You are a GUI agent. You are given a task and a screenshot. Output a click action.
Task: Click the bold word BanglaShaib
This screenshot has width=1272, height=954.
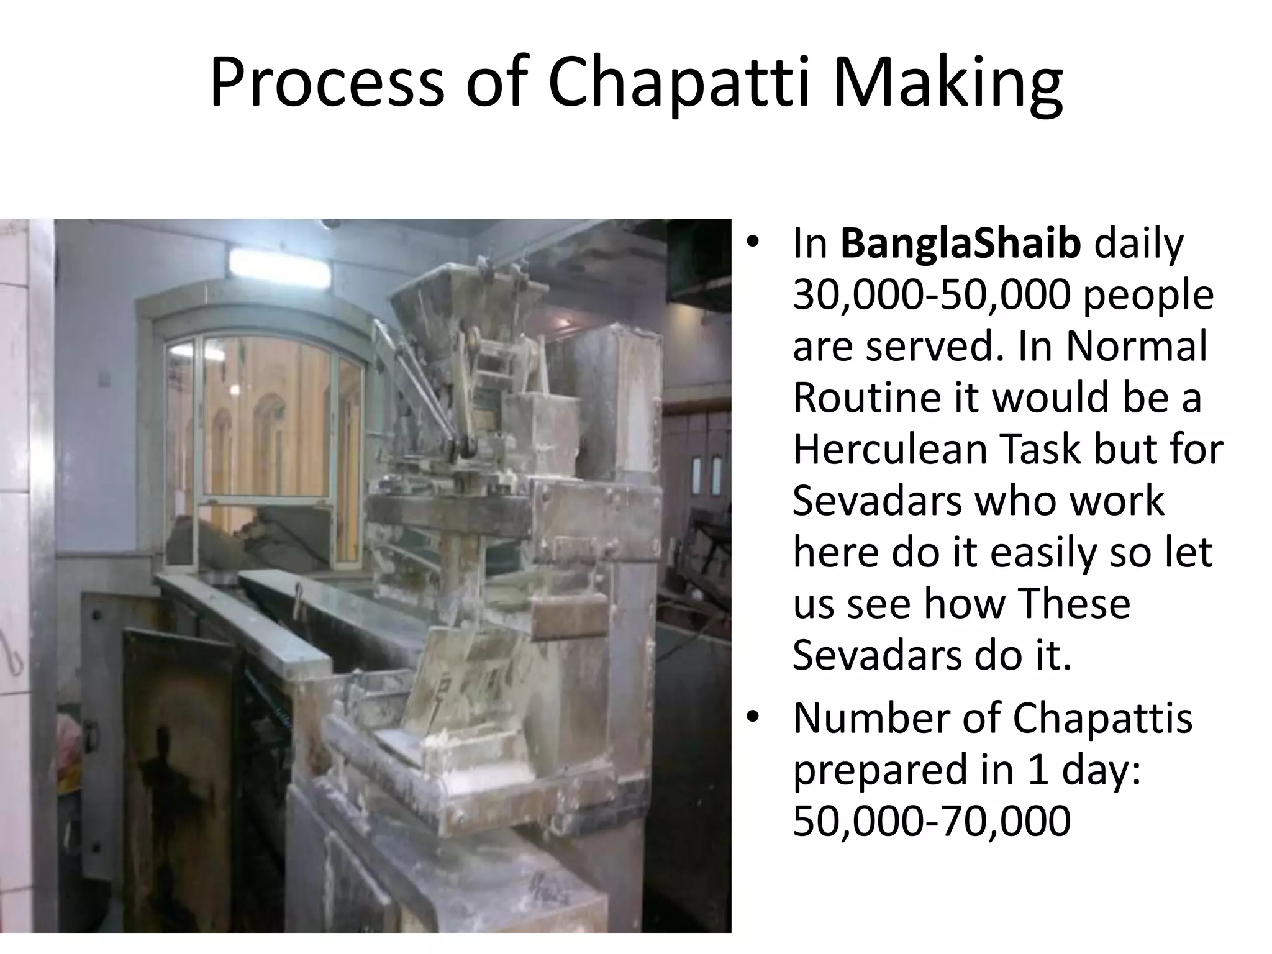tap(961, 244)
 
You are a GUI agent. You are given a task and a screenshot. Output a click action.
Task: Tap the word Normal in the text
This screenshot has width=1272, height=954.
tap(1137, 347)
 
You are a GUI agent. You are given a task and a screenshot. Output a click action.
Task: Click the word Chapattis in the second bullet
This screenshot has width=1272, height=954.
tap(1102, 719)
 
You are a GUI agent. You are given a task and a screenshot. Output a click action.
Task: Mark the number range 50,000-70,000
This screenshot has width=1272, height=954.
tap(932, 821)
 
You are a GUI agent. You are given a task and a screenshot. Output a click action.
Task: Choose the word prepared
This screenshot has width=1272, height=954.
tap(879, 770)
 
